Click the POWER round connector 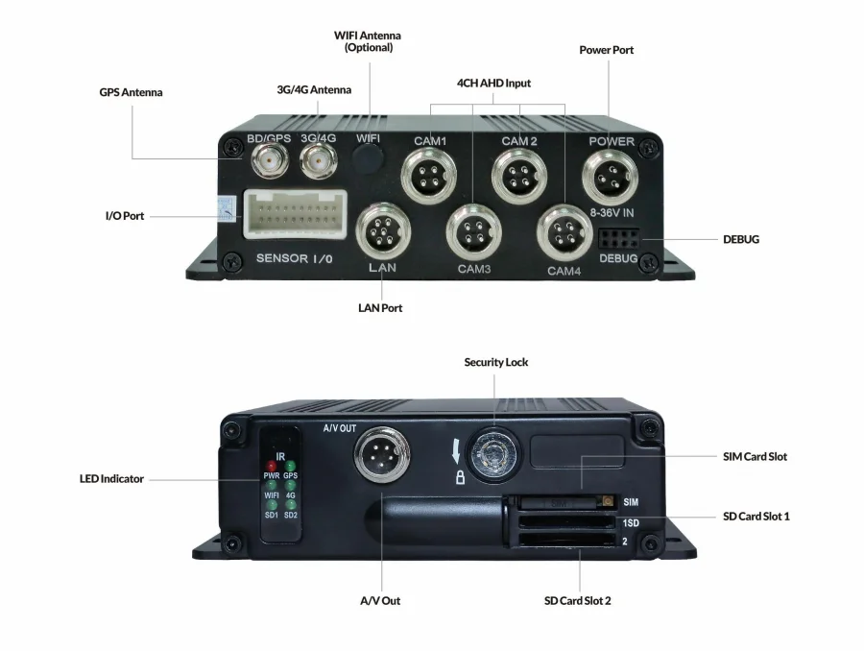[612, 176]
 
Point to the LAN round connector [381, 230]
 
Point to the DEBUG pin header [617, 238]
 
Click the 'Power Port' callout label [607, 50]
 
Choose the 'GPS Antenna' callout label [131, 93]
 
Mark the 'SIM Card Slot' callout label [755, 456]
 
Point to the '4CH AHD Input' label [494, 84]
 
